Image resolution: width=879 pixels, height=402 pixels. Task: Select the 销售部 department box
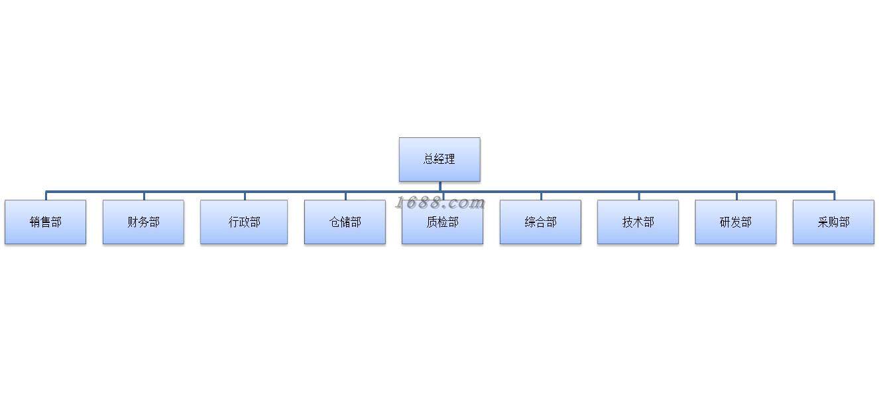(x=45, y=222)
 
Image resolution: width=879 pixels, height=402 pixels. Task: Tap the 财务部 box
(x=143, y=222)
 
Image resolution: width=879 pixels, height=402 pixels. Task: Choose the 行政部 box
(x=244, y=222)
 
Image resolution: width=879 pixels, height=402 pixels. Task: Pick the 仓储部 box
(x=345, y=222)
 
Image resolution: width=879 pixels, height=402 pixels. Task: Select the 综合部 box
(x=540, y=222)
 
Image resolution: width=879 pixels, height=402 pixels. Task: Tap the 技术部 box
(x=638, y=222)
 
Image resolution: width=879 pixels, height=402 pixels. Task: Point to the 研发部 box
(x=736, y=222)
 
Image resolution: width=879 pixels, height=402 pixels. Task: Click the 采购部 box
(x=833, y=222)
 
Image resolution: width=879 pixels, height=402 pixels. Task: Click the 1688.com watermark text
(x=440, y=203)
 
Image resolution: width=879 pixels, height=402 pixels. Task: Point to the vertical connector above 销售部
(x=46, y=196)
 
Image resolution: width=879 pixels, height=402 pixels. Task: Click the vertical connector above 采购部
(x=834, y=196)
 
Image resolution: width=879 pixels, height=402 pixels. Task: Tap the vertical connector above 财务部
(x=144, y=196)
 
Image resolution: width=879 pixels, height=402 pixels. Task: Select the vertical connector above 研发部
(x=736, y=196)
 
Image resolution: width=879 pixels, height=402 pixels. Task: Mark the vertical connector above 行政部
(x=245, y=196)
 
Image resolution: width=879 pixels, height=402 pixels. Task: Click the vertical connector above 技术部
(x=639, y=196)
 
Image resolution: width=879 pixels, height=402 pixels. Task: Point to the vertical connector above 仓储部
(x=345, y=196)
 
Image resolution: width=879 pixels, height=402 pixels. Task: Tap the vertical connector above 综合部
(x=541, y=196)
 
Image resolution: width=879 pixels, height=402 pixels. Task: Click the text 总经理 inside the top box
(x=439, y=159)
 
